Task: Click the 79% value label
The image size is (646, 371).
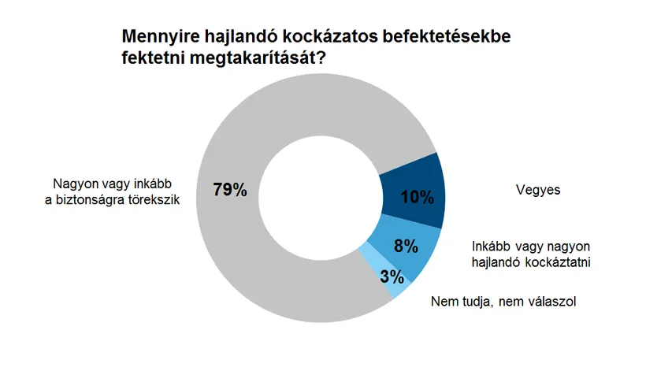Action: (x=230, y=190)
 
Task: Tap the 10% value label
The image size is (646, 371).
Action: (x=418, y=197)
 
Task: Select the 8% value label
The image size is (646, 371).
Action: (x=406, y=245)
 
